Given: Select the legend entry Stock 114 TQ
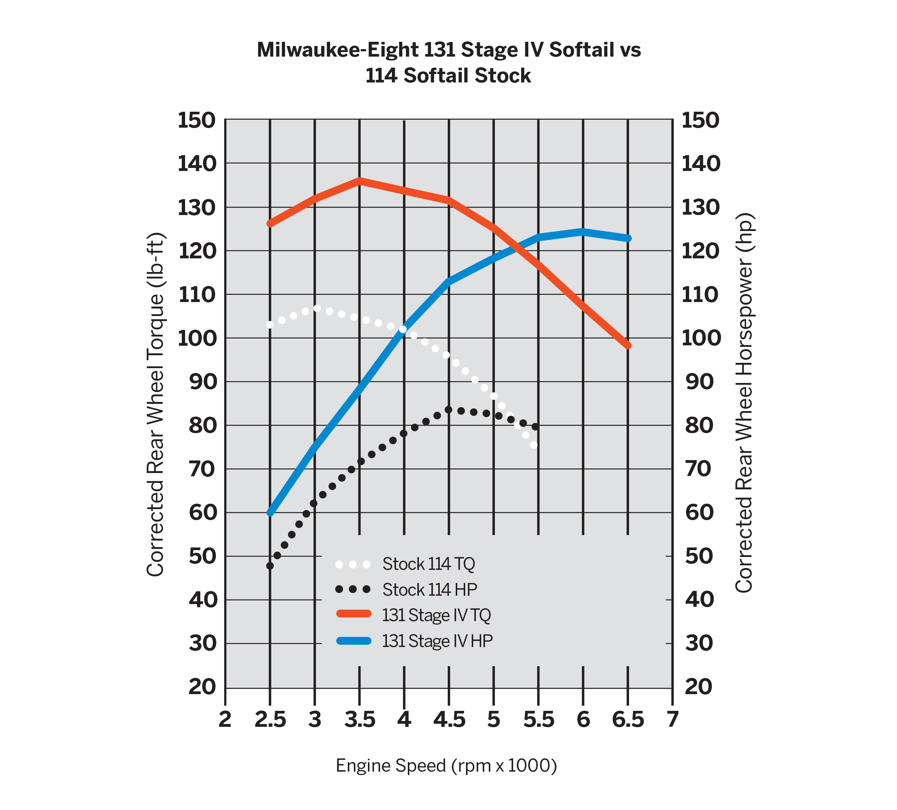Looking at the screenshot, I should click(x=428, y=564).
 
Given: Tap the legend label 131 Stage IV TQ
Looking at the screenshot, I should click(x=436, y=615).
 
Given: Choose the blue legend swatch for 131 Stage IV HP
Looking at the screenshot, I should click(x=354, y=641).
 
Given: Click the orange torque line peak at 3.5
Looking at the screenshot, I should click(x=360, y=180).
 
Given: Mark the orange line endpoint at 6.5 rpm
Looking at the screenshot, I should click(x=628, y=346).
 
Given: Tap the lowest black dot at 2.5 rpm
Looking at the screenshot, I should click(x=269, y=566).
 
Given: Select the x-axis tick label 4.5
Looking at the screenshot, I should click(x=449, y=719).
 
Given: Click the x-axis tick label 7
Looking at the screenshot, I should click(x=672, y=719).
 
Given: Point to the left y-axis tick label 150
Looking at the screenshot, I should click(x=196, y=120).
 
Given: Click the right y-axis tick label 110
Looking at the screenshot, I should click(x=700, y=294).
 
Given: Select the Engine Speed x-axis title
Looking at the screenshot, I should click(x=446, y=766).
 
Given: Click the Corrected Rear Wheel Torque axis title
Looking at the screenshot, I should click(x=156, y=405).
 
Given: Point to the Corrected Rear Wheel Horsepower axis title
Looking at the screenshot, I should click(x=743, y=403).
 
